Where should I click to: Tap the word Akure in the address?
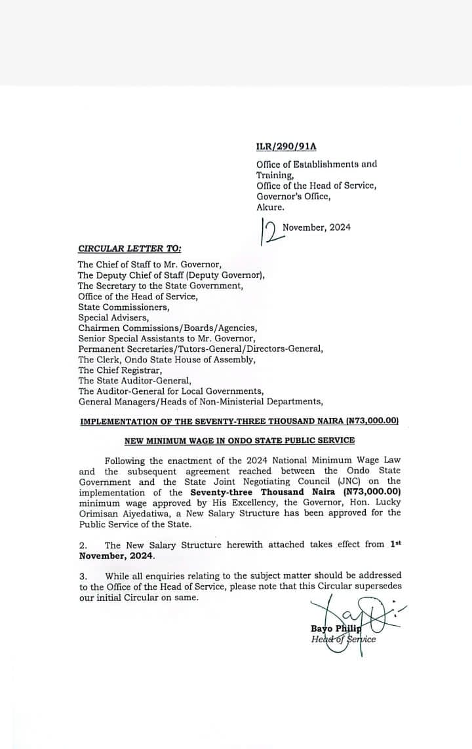[270, 207]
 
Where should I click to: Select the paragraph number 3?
[83, 575]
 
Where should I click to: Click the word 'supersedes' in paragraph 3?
[378, 586]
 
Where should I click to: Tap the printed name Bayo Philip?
[336, 629]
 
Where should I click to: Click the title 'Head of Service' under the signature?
[344, 640]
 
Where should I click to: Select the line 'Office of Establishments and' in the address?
[316, 164]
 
